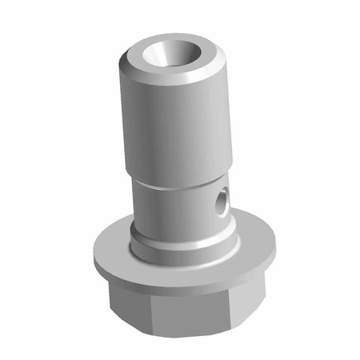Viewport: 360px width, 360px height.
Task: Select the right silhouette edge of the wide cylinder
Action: (233, 120)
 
